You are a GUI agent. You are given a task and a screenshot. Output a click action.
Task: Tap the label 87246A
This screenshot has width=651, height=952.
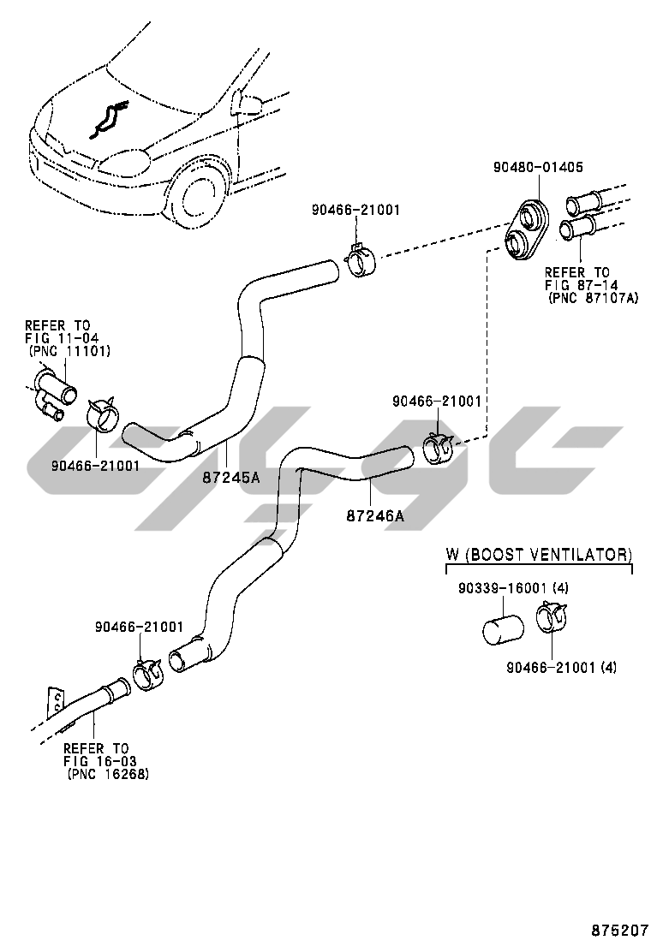pyautogui.click(x=375, y=515)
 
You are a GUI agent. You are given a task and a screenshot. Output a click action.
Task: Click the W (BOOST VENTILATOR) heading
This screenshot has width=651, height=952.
pyautogui.click(x=539, y=555)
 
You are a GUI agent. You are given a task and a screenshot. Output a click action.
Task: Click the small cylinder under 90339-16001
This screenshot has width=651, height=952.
pyautogui.click(x=500, y=629)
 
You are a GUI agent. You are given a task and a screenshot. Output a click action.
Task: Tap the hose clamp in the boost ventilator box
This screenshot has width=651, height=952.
pyautogui.click(x=547, y=618)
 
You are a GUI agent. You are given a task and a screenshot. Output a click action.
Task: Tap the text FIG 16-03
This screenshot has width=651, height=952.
pyautogui.click(x=99, y=760)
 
